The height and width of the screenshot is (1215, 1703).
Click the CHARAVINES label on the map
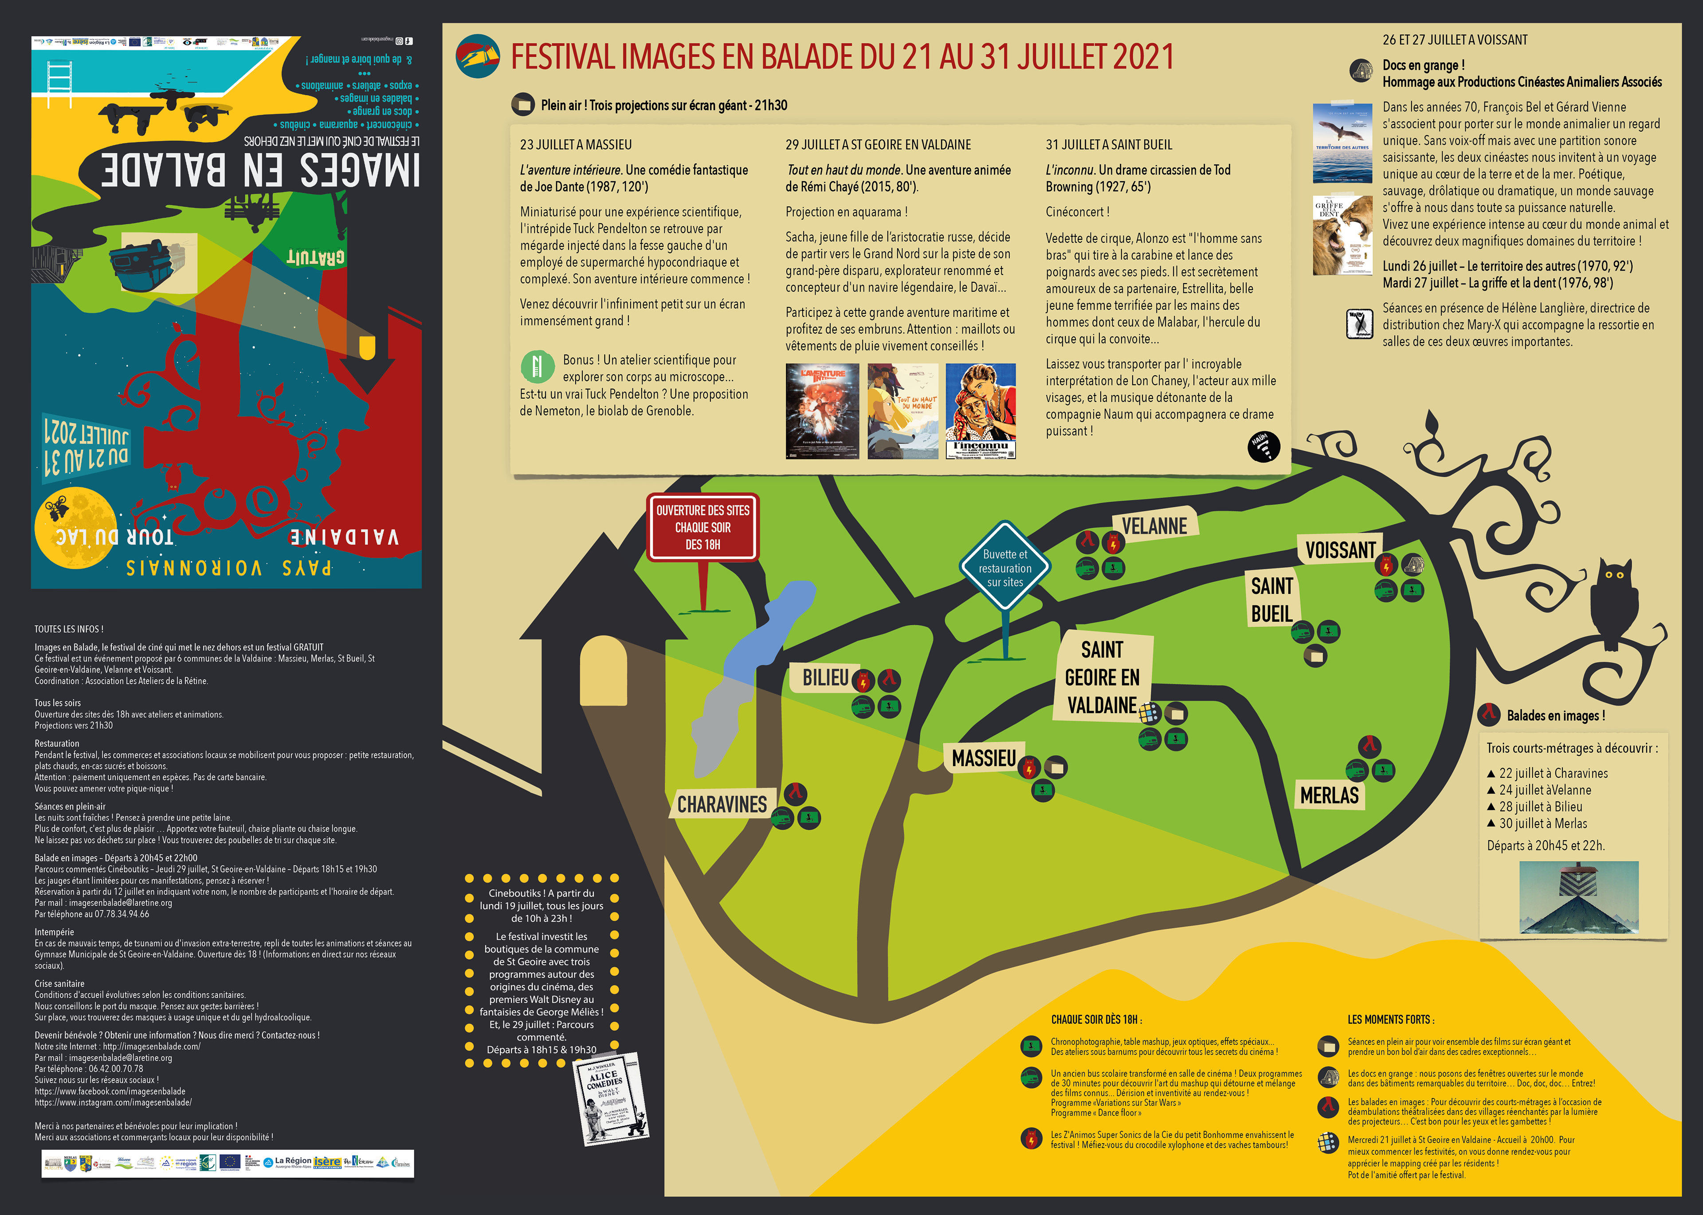coord(722,804)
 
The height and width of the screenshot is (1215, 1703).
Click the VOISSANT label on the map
coord(1340,550)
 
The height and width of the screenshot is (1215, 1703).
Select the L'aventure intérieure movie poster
coord(822,411)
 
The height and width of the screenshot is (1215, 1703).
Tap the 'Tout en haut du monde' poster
coord(902,411)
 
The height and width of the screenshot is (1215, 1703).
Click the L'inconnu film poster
coord(981,411)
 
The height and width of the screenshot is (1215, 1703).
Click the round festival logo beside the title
coord(478,56)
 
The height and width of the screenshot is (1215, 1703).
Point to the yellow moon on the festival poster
coord(75,527)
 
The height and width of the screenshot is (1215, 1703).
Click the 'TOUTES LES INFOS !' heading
coord(69,629)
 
